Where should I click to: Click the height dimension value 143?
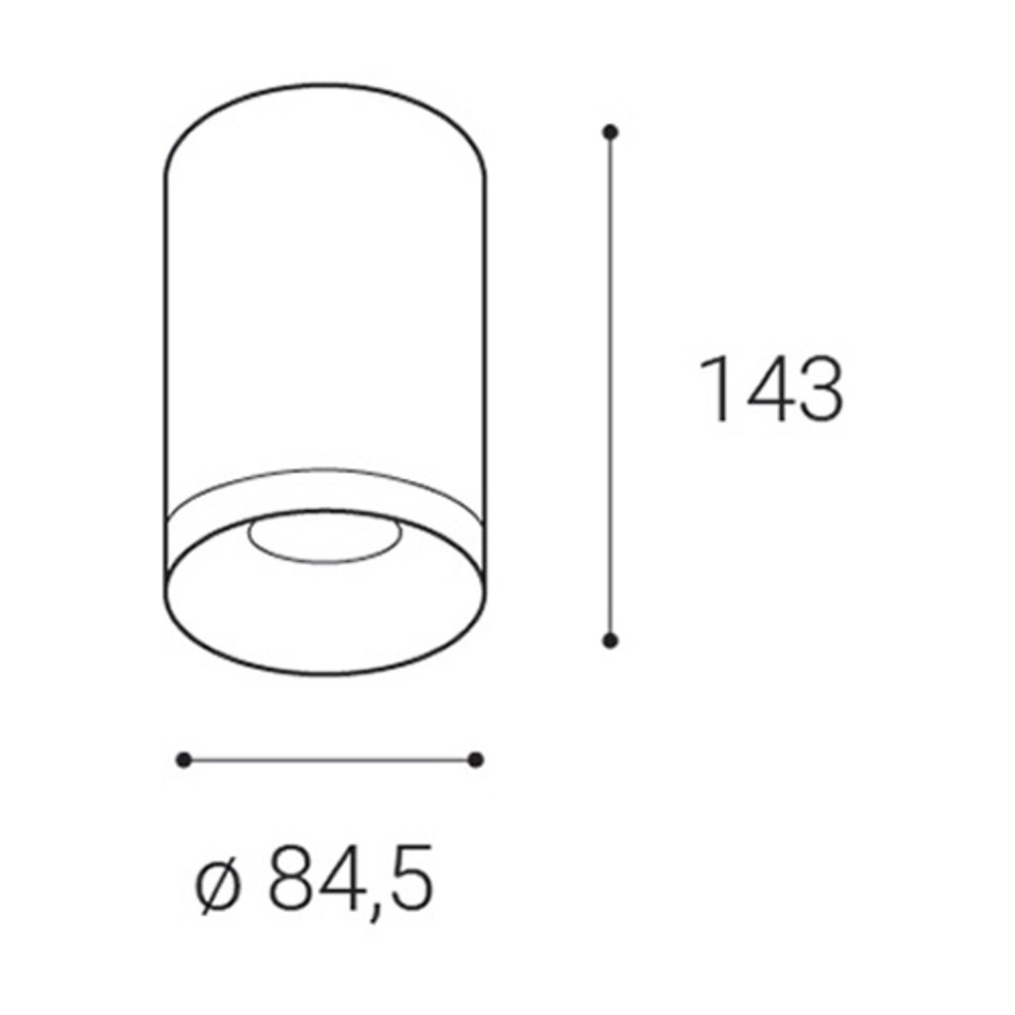pos(771,390)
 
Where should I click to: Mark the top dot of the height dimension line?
pos(611,132)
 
